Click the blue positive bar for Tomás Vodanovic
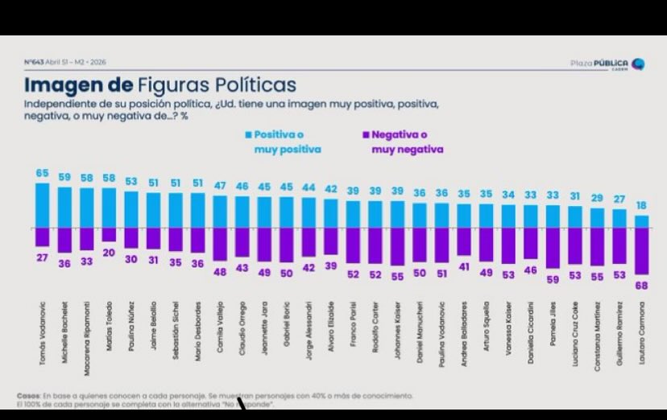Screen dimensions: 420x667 [x=42, y=204]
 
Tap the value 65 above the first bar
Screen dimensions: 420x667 [x=42, y=173]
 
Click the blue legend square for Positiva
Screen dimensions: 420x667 [x=249, y=135]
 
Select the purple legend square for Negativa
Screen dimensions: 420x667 [x=365, y=135]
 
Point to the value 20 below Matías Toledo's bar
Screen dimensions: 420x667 [x=109, y=252]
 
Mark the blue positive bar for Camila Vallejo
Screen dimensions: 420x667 [x=220, y=212]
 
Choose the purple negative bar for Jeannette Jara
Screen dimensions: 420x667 [x=264, y=244]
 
